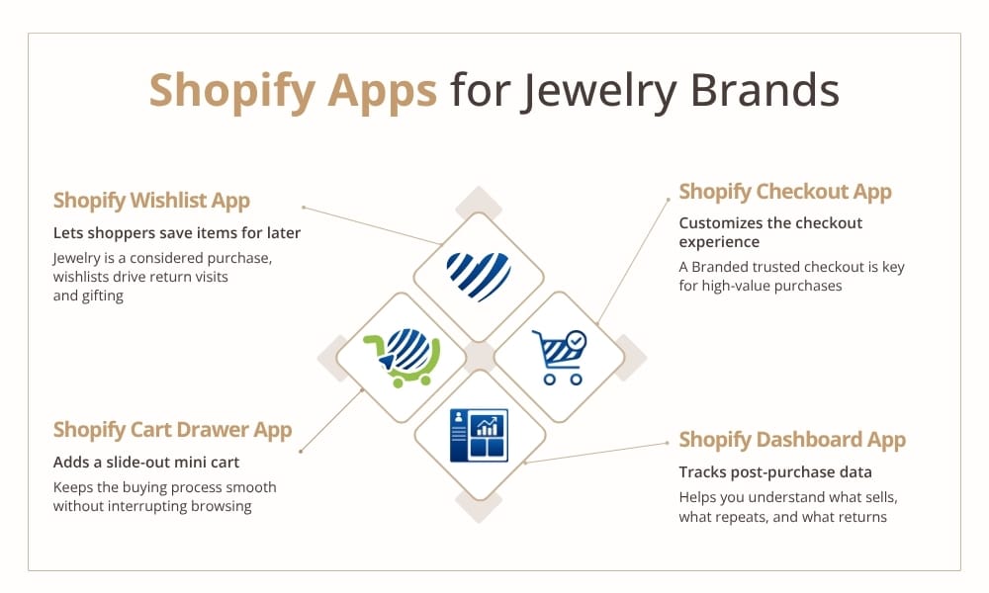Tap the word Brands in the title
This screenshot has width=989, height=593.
[765, 90]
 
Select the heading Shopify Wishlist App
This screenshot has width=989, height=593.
[151, 201]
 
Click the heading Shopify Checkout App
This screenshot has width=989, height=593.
[785, 192]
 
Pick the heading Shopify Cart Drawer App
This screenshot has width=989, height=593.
[172, 430]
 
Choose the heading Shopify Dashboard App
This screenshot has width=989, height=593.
[792, 440]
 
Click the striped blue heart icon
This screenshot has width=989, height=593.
[479, 276]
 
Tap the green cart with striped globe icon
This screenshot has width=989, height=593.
[402, 358]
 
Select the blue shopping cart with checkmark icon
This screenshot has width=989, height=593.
[559, 358]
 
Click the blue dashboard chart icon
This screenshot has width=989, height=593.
[479, 436]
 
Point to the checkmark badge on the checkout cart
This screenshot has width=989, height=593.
[576, 342]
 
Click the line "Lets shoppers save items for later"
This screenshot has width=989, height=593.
[177, 233]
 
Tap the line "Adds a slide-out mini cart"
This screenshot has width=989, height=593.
[146, 463]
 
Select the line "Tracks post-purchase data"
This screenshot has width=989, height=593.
[775, 472]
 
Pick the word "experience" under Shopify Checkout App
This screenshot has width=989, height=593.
[719, 242]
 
